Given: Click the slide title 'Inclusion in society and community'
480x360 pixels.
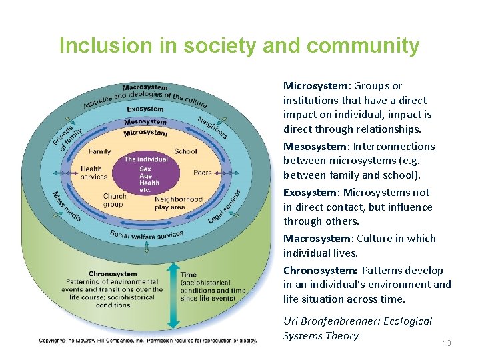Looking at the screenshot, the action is [239, 46].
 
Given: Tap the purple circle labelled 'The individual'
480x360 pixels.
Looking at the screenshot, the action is [146, 173].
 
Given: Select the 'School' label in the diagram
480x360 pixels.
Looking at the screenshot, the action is [185, 151].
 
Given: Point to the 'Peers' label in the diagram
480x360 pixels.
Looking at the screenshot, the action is [202, 173].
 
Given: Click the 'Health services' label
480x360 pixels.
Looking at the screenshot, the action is [94, 173].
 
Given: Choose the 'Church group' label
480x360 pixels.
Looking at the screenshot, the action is [114, 200].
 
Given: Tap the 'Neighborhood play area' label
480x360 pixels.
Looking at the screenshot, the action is [178, 203].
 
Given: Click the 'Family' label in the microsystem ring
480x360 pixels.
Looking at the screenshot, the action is [100, 152].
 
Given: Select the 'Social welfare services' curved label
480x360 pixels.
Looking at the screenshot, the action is [146, 235].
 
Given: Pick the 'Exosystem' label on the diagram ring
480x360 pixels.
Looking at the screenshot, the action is [145, 109].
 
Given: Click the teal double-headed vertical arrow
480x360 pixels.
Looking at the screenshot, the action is [173, 295].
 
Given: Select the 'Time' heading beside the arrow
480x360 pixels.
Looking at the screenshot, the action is [189, 275].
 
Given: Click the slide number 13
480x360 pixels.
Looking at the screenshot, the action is [447, 343].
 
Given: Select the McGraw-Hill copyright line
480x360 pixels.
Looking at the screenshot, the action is [147, 341].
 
